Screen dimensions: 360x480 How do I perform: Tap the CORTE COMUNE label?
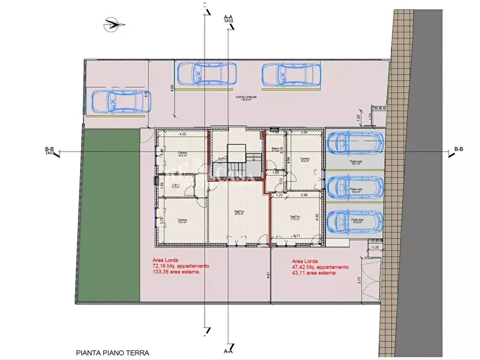point(246,97)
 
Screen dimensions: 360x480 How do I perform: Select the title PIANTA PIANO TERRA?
point(112,352)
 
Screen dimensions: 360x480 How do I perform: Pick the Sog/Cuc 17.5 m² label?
point(295,217)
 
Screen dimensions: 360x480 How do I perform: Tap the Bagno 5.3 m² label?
point(175,186)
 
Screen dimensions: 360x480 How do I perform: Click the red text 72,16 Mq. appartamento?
point(181,266)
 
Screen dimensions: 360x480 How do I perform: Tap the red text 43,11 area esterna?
point(311,273)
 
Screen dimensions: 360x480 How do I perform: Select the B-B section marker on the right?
point(458,149)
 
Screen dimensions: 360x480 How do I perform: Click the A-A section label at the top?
point(227,18)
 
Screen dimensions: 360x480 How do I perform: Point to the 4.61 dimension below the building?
point(268,276)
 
